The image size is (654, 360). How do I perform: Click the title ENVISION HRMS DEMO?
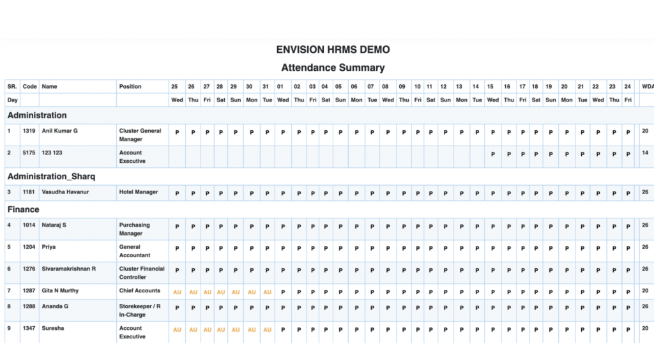point(333,50)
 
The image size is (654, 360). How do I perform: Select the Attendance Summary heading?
point(333,68)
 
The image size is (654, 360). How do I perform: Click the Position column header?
point(130,86)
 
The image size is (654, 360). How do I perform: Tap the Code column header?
point(29,86)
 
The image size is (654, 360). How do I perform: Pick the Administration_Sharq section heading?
point(51,176)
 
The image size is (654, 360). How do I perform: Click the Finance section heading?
point(23,209)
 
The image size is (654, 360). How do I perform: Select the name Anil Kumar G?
point(59,131)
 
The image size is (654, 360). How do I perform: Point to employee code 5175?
point(29,153)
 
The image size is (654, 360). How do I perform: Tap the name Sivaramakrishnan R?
point(68,269)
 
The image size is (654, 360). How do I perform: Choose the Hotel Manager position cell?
point(139,191)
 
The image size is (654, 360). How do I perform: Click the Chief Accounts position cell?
point(140,291)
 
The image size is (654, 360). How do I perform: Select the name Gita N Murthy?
point(60,291)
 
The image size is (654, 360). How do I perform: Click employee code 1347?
point(29,328)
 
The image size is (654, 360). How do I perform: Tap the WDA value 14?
point(645,153)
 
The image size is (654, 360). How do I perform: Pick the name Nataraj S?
point(54,225)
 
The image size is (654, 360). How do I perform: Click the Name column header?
point(49,86)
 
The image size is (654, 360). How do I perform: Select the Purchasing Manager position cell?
point(135,229)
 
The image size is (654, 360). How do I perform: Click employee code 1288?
point(29,306)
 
